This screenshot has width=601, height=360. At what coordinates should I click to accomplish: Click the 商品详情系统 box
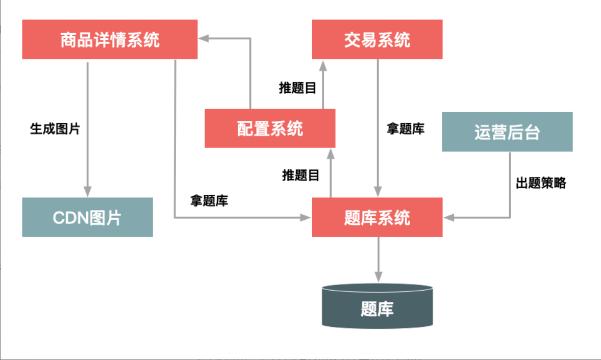pos(110,40)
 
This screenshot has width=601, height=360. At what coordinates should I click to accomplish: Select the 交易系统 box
pos(377,40)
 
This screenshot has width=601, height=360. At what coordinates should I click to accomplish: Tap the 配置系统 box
pos(270,128)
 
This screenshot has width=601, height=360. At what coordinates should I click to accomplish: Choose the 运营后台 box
pos(507,132)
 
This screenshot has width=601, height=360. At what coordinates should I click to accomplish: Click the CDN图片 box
pos(87,218)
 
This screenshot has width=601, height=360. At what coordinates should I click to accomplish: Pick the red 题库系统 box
pos(377,218)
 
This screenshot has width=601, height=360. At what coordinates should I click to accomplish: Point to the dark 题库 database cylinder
pos(377,307)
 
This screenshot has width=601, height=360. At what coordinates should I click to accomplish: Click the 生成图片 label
pos(55,128)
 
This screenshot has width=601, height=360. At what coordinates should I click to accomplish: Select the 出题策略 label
pos(541,183)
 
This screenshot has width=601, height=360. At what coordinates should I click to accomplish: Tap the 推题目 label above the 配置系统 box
pos(297,88)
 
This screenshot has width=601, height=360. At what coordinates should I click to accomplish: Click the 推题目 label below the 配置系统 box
pos(301,175)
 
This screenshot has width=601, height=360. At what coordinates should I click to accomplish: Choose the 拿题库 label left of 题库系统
pos(209,201)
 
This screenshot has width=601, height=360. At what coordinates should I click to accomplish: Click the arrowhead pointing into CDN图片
pos(87,192)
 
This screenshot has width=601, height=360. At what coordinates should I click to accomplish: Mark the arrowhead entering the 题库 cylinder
pos(378,277)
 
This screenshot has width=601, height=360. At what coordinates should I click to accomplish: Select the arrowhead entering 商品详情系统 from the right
pos(204,38)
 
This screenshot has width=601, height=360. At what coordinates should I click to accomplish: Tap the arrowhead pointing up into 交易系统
pos(323,64)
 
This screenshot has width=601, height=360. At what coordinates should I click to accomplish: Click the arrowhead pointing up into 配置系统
pos(331,152)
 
